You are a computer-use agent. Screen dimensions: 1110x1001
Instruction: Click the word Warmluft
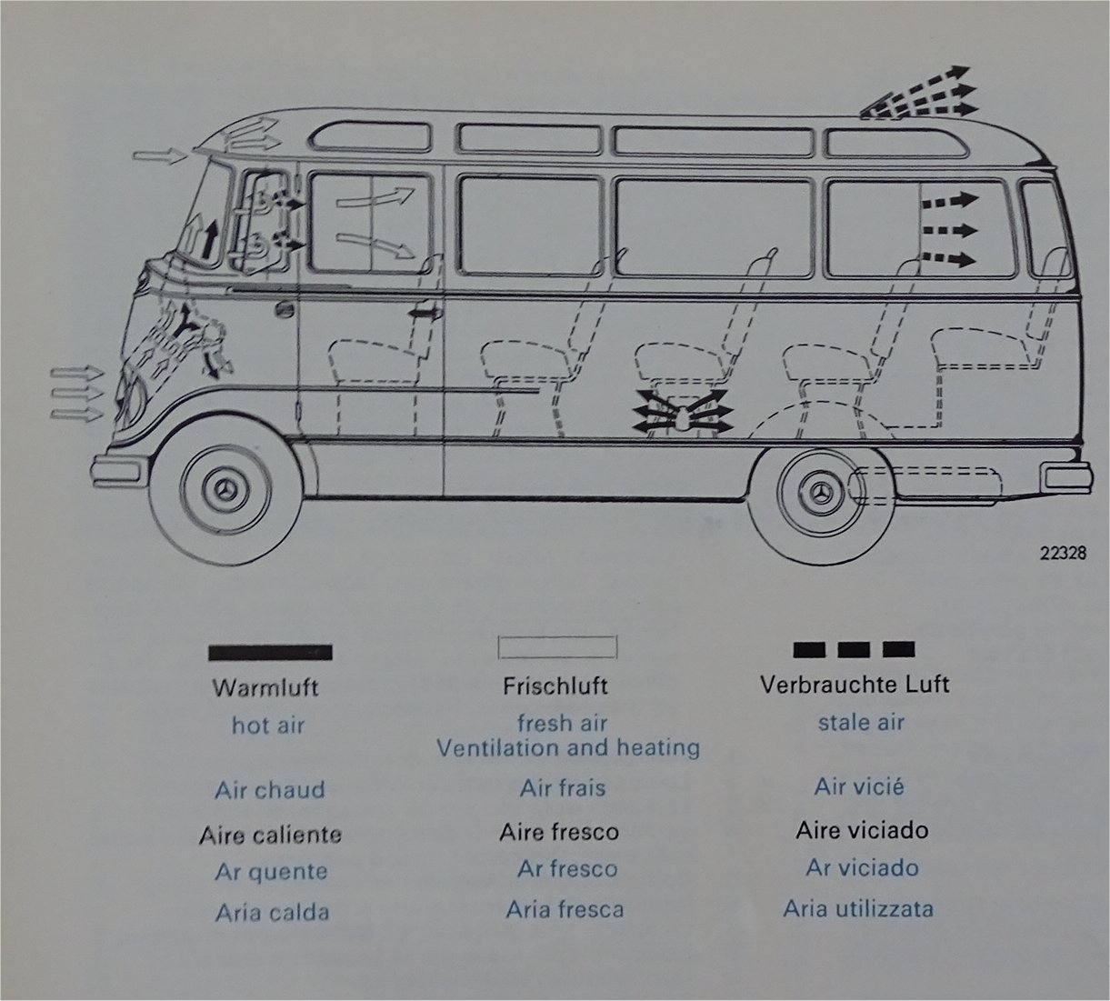[x=265, y=686]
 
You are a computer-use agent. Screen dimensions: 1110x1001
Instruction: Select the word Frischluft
[x=555, y=685]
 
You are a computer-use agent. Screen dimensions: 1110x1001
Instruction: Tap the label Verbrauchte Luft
[x=855, y=684]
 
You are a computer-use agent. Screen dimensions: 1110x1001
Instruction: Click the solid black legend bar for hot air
[x=270, y=652]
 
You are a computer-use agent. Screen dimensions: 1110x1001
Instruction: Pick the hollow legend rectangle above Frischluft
[x=557, y=647]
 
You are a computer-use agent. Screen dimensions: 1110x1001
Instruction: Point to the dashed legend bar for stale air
[x=854, y=648]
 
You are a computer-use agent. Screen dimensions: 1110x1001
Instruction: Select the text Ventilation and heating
[x=568, y=748]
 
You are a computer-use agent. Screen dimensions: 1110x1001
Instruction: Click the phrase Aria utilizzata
[x=858, y=907]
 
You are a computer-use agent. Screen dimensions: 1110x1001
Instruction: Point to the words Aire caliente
[x=270, y=834]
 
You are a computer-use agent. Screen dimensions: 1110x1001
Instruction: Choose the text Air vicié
[x=859, y=786]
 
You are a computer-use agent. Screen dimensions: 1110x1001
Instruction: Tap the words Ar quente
[x=271, y=871]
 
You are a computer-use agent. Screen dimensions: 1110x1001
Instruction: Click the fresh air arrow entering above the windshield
[x=160, y=156]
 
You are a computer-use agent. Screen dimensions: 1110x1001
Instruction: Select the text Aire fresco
[x=558, y=832]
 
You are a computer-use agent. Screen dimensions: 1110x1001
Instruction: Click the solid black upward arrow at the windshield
[x=211, y=238]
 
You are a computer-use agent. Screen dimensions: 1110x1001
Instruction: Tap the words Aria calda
[x=272, y=912]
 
